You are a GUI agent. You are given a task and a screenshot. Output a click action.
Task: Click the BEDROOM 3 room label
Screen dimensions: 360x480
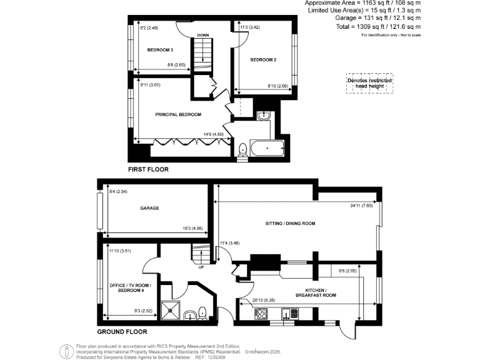(x=160, y=49)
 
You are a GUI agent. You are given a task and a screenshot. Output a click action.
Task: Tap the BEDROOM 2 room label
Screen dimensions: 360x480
(x=263, y=60)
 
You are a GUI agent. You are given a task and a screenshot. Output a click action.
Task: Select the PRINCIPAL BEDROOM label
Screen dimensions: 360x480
(x=179, y=114)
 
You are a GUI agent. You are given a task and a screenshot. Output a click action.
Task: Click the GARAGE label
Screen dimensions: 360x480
(x=149, y=208)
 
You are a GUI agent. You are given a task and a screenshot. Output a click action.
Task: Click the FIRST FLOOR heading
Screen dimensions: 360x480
(x=148, y=169)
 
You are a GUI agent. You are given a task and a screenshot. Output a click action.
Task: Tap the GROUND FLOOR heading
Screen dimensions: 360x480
(x=122, y=332)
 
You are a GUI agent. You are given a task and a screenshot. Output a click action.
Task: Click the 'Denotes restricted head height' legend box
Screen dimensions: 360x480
(x=369, y=84)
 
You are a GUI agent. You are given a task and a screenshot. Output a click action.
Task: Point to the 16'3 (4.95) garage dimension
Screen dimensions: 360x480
(x=193, y=229)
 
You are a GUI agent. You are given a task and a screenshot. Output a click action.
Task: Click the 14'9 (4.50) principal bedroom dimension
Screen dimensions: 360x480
(x=213, y=134)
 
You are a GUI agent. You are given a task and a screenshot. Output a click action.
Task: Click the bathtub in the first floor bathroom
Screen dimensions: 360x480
(x=266, y=149)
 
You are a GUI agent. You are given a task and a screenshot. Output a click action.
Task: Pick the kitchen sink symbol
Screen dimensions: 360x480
(x=289, y=313)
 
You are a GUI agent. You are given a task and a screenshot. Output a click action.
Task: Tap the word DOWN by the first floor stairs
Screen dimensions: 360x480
(x=202, y=35)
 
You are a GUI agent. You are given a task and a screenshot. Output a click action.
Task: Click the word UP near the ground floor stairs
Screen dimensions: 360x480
(x=201, y=267)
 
